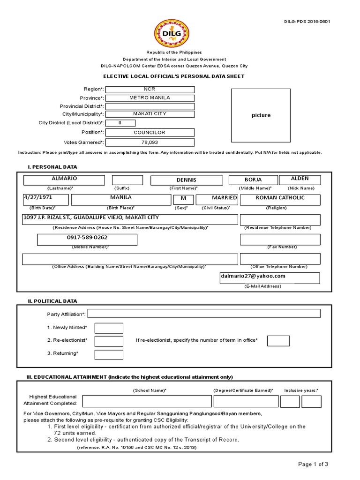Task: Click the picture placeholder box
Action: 261,115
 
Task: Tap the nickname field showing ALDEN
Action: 300,180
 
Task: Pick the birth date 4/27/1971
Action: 45,199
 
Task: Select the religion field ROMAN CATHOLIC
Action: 280,199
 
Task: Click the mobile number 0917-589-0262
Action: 87,240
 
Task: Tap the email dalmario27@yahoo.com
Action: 270,278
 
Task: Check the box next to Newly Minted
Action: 109,328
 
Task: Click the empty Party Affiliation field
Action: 204,314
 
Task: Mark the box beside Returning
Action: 109,355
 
